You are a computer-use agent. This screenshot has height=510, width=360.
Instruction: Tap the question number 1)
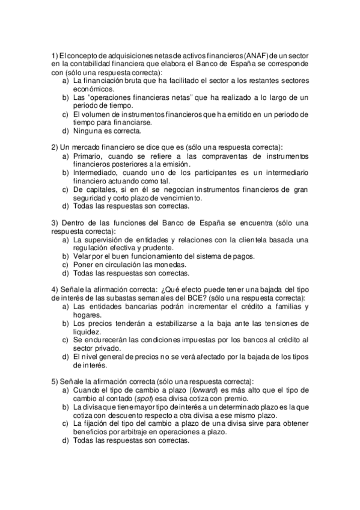54,56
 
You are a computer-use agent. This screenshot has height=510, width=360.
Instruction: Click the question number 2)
54,147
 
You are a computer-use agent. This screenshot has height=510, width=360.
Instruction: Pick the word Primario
88,156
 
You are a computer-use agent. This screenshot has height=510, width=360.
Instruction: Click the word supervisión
103,239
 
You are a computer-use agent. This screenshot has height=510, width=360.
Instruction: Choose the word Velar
82,255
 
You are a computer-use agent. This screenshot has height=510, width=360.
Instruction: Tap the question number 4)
54,289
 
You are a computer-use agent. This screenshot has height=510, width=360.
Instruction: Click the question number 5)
54,381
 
